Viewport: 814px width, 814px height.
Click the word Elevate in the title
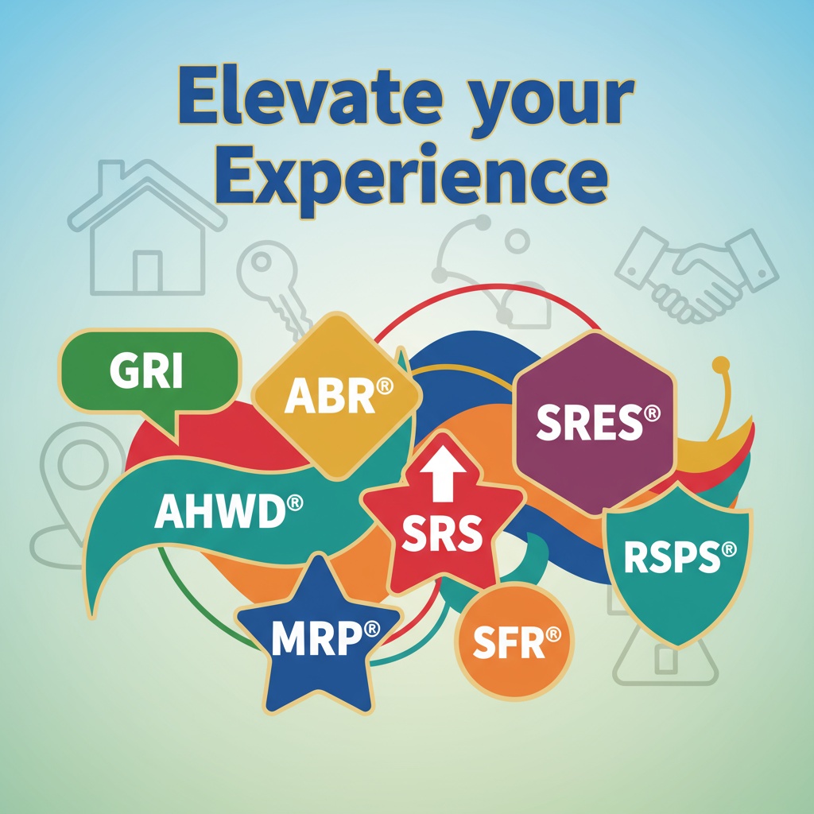311,97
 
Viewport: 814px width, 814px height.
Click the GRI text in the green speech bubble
146,371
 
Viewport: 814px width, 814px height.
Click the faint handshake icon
696,275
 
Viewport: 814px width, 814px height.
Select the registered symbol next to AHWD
294,502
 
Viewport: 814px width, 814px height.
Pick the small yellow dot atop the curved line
720,365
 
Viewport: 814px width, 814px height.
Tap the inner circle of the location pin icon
83,463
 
